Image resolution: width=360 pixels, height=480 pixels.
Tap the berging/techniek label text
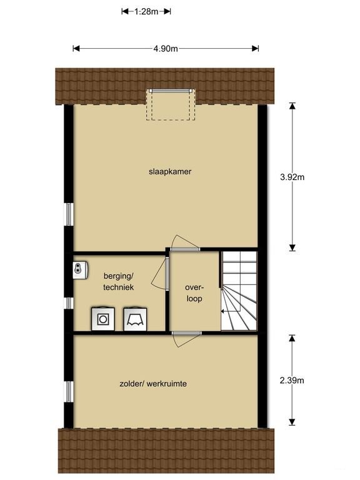[119, 281]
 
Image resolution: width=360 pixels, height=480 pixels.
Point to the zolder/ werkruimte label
[154, 384]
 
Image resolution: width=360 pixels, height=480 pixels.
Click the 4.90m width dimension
[166, 49]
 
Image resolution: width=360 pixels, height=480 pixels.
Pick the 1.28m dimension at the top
[146, 11]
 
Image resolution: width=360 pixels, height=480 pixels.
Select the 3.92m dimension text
[291, 177]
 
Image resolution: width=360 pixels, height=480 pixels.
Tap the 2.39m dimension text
[291, 380]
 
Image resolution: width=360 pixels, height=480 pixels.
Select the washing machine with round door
[102, 318]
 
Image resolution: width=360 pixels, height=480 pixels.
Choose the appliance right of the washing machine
[134, 318]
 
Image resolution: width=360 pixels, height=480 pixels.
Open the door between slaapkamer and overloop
[186, 244]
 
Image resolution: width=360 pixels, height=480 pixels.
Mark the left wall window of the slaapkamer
[69, 214]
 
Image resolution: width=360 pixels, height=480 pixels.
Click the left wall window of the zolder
[69, 391]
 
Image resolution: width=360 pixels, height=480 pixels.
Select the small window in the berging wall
[69, 302]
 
